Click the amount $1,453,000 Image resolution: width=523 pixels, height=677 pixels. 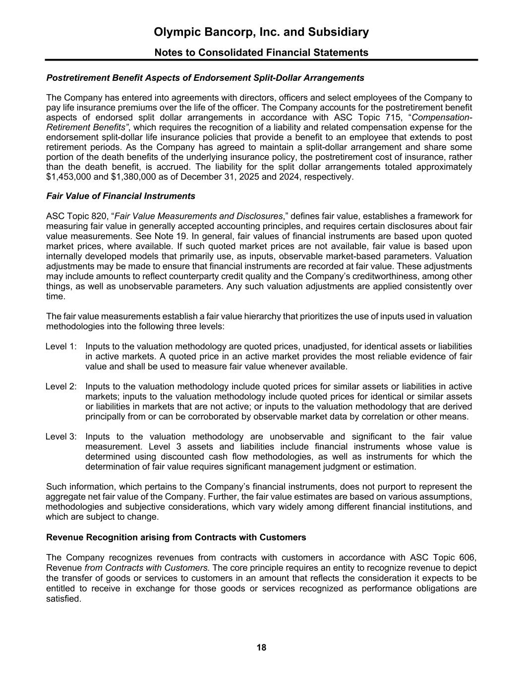point(67,177)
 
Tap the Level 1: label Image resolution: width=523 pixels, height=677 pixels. point(61,346)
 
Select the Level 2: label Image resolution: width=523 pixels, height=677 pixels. point(61,386)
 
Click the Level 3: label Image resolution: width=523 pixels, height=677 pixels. point(61,436)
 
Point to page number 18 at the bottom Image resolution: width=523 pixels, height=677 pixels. point(261,647)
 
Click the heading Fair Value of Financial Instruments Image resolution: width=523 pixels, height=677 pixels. point(120,196)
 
